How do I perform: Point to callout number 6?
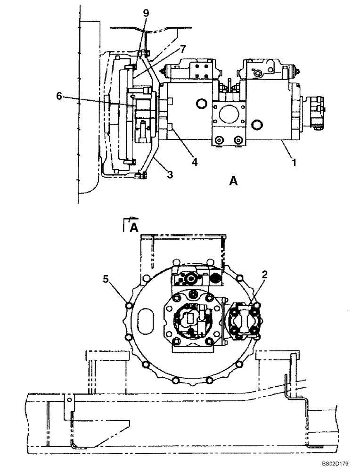(59, 96)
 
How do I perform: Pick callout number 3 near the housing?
(170, 175)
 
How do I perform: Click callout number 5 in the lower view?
(107, 279)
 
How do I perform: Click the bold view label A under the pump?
(233, 180)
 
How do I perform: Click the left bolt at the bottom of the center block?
(219, 140)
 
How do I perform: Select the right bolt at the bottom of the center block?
(237, 140)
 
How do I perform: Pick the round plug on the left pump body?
(201, 103)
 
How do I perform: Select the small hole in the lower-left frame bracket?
(69, 400)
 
